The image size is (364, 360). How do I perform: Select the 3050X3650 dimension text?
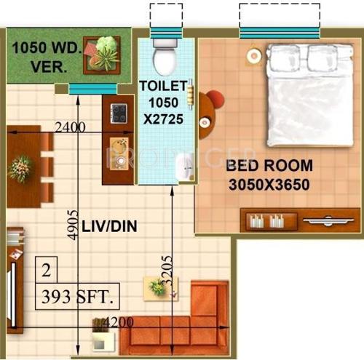269,184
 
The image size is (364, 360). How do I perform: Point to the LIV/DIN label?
109,227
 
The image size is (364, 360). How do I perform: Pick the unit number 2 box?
47,273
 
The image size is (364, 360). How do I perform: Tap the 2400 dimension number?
70,127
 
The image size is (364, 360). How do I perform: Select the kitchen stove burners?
118,113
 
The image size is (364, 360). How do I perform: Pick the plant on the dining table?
20,167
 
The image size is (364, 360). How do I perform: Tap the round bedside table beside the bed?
253,54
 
